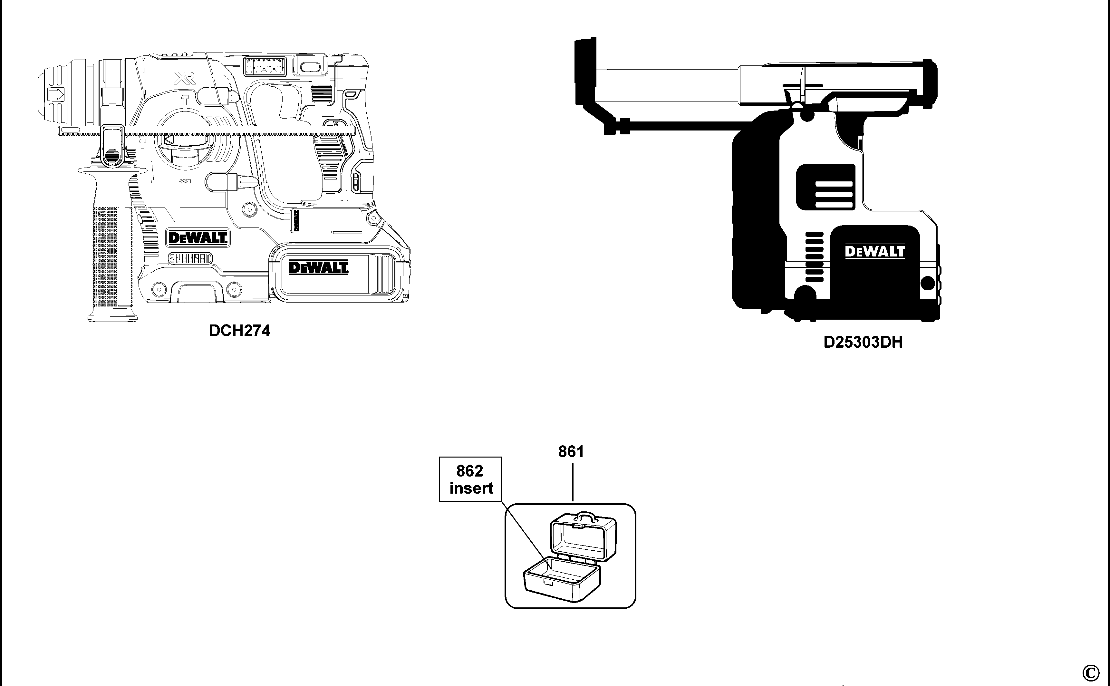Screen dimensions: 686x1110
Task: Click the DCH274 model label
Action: [x=239, y=331]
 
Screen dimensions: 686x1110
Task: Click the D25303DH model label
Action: [x=863, y=342]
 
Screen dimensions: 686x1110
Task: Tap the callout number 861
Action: [x=571, y=451]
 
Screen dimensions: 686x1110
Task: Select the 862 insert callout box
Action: [x=470, y=479]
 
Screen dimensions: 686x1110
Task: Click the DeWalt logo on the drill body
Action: [x=197, y=237]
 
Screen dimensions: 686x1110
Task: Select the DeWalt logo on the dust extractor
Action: [x=874, y=251]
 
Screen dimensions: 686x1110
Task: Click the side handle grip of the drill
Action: [x=112, y=254]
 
